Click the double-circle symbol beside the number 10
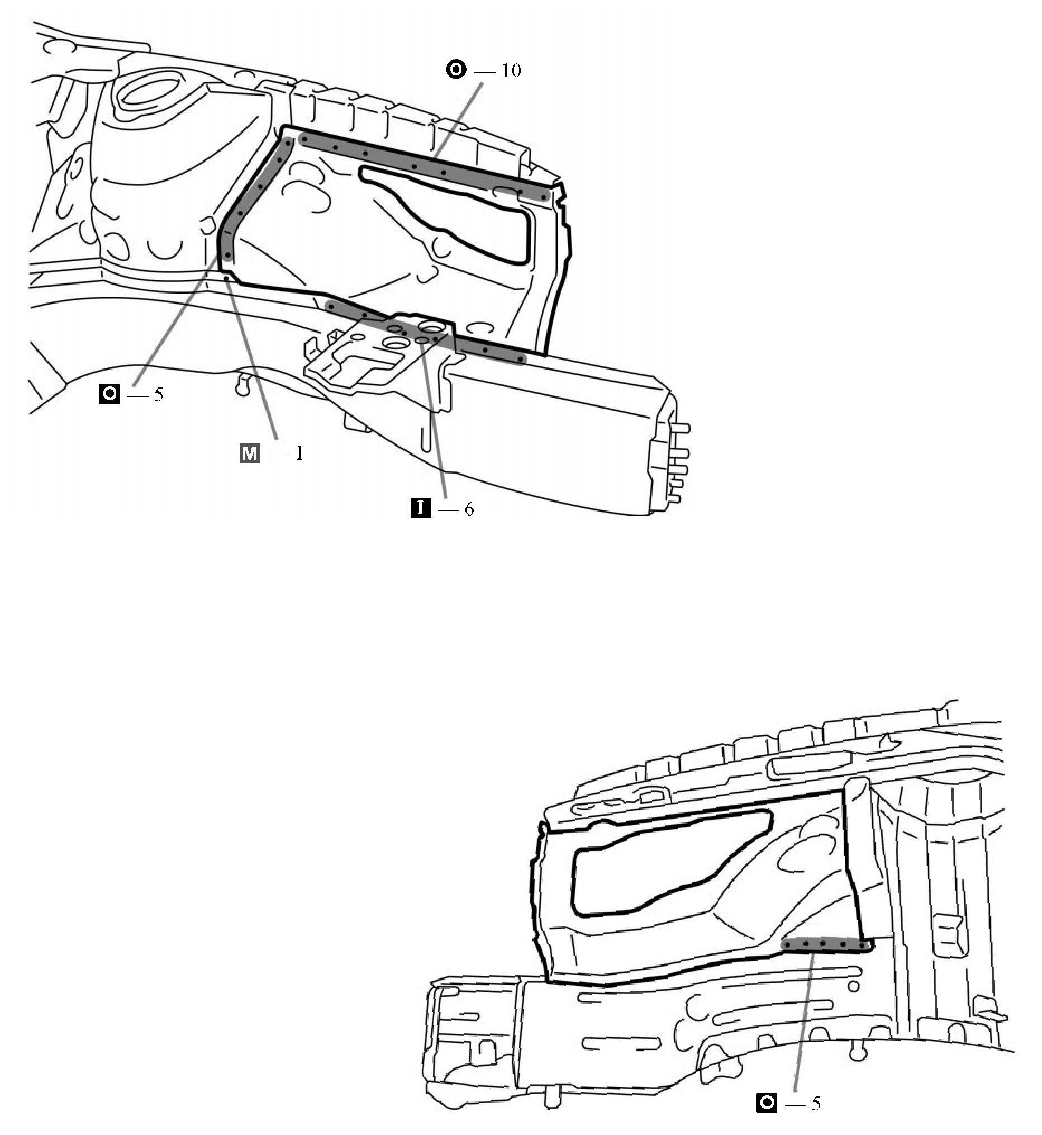pos(456,70)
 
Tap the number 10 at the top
pos(511,70)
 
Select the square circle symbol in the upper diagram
pos(110,393)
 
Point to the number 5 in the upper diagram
pos(159,394)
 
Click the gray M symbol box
pos(249,453)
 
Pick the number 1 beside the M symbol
pos(299,453)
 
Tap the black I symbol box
pos(420,509)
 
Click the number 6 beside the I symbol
pos(469,509)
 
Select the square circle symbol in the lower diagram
pos(767,1103)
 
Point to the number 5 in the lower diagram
pos(816,1103)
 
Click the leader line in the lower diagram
pos(803,1021)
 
